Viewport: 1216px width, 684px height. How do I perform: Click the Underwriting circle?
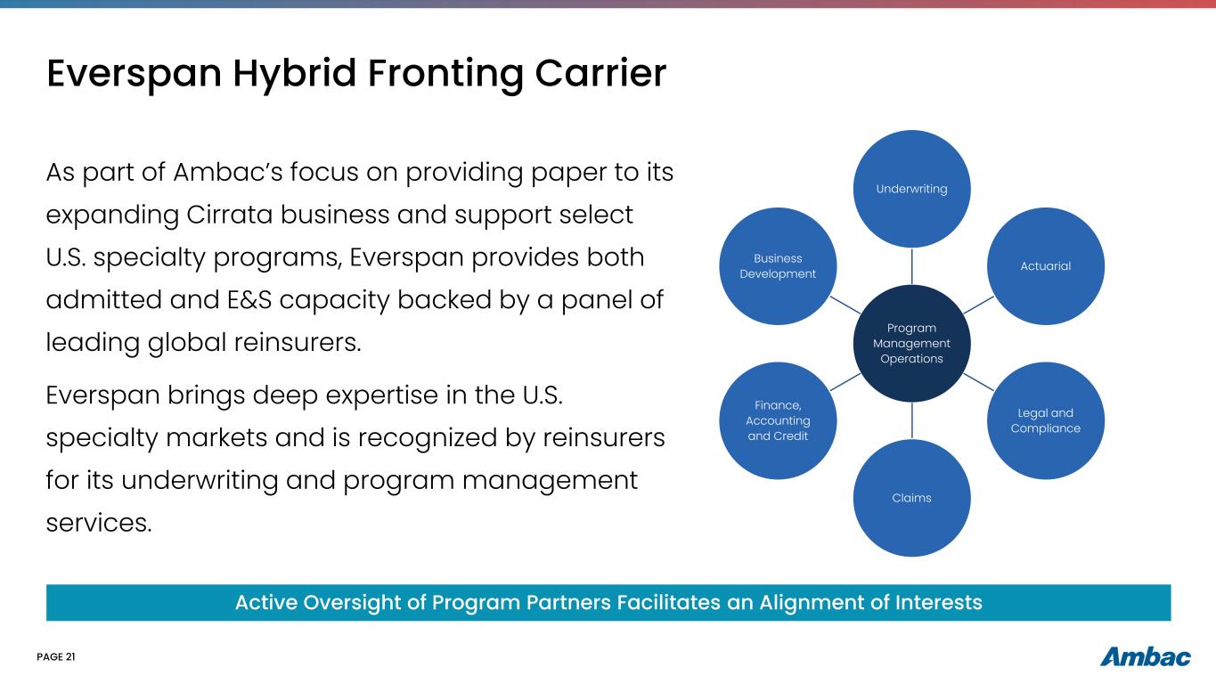[911, 189]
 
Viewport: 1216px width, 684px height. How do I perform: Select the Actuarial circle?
[1046, 265]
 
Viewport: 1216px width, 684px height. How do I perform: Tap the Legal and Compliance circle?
[1046, 420]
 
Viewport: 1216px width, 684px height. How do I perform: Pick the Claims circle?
[911, 498]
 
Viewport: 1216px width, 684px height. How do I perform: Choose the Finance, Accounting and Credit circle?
[778, 420]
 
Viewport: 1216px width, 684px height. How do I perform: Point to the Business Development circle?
[778, 265]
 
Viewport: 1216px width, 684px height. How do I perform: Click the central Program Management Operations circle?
[911, 343]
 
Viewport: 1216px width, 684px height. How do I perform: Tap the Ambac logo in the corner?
[1145, 657]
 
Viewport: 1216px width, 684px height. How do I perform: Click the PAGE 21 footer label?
[56, 657]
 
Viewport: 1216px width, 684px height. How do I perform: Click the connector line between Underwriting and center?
[911, 266]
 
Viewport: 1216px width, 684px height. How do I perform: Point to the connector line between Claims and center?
[911, 420]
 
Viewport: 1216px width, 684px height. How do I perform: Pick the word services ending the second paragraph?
[98, 522]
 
